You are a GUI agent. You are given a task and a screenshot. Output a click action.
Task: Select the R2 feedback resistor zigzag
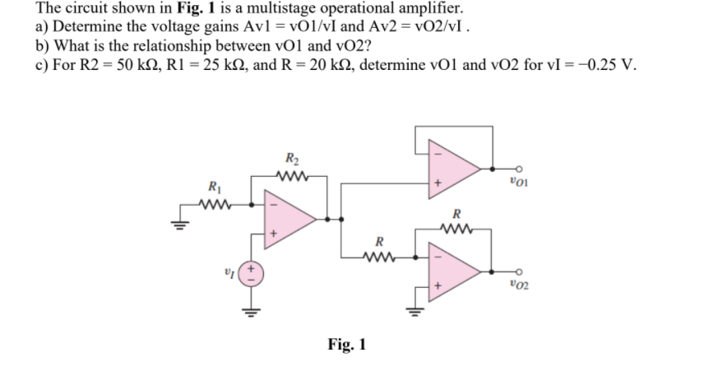point(292,173)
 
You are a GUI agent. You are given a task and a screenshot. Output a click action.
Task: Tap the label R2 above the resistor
point(291,158)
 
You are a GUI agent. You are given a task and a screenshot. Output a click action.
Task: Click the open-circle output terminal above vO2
point(517,270)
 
